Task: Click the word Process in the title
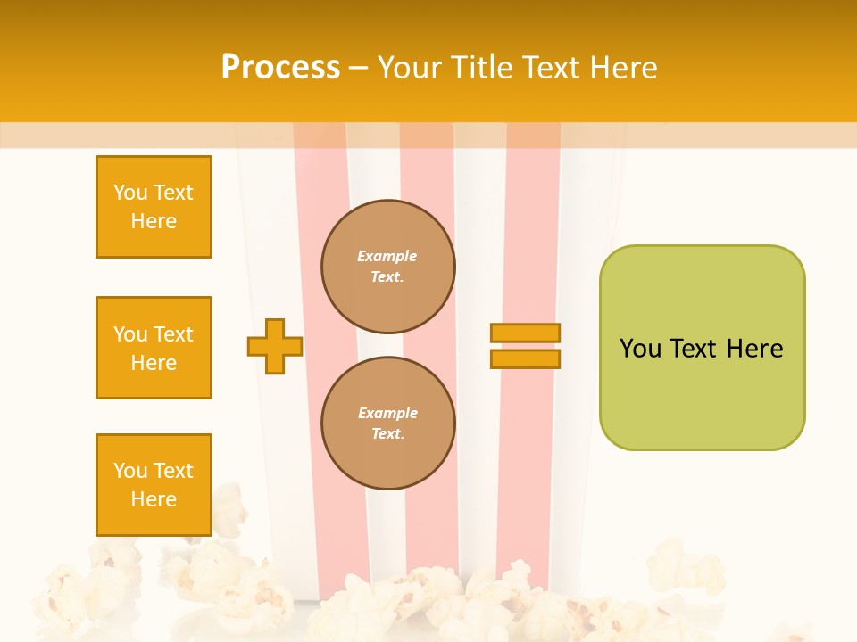279,68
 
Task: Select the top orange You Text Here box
154,207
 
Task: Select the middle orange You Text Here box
154,348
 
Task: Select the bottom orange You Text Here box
154,485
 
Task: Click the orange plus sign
275,346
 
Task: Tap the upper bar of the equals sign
525,333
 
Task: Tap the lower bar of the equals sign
525,358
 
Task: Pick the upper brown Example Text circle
387,266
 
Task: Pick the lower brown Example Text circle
387,423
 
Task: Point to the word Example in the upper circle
387,256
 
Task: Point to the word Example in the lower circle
387,413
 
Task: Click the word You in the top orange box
129,193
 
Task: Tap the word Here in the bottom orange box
154,499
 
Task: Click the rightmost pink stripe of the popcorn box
533,357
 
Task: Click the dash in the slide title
359,68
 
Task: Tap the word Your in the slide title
410,68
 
